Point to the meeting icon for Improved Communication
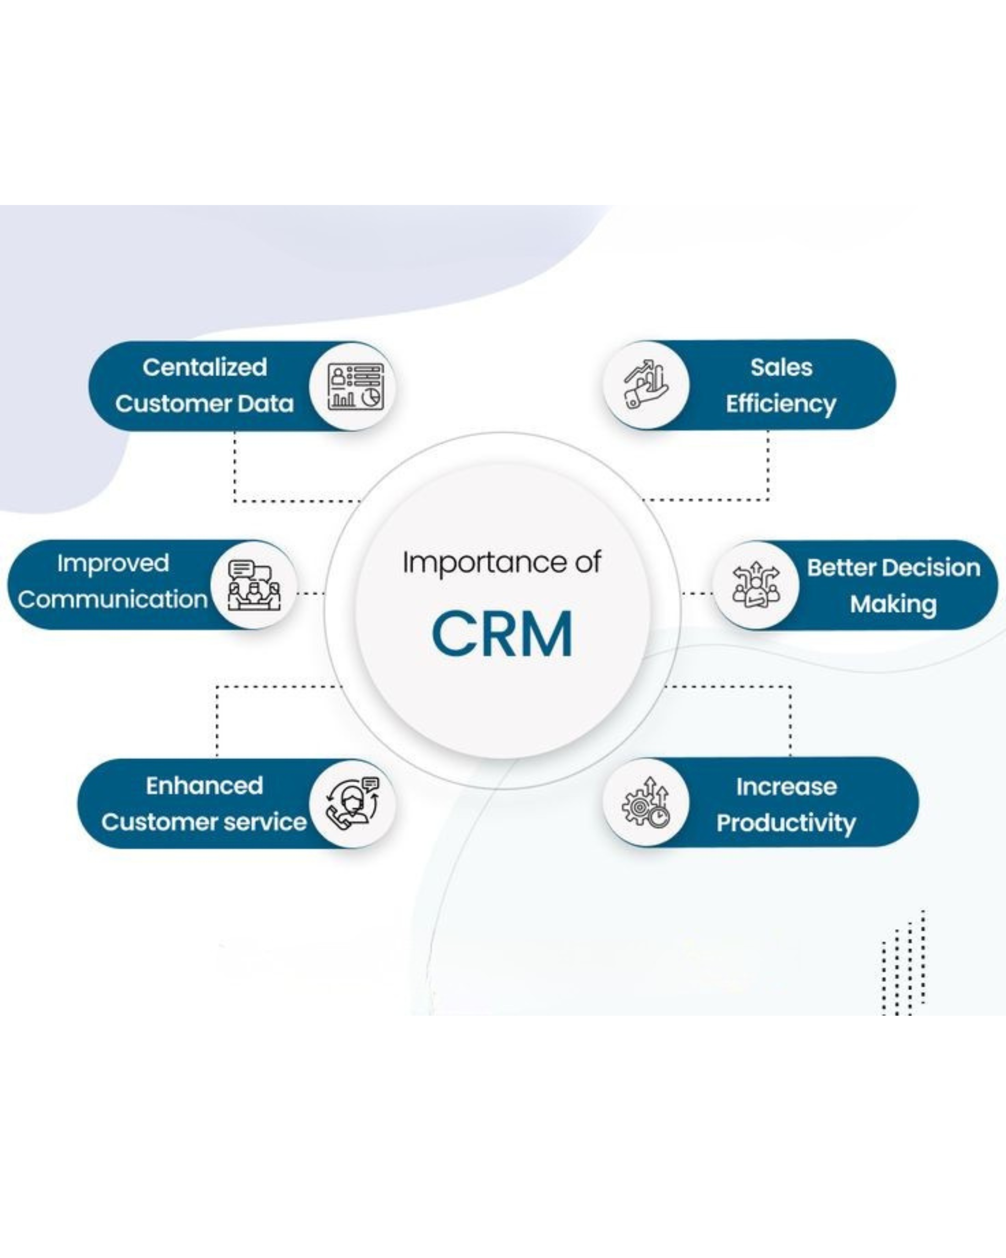pyautogui.click(x=254, y=585)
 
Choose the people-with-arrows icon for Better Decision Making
pyautogui.click(x=756, y=585)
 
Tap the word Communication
pyautogui.click(x=112, y=599)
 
